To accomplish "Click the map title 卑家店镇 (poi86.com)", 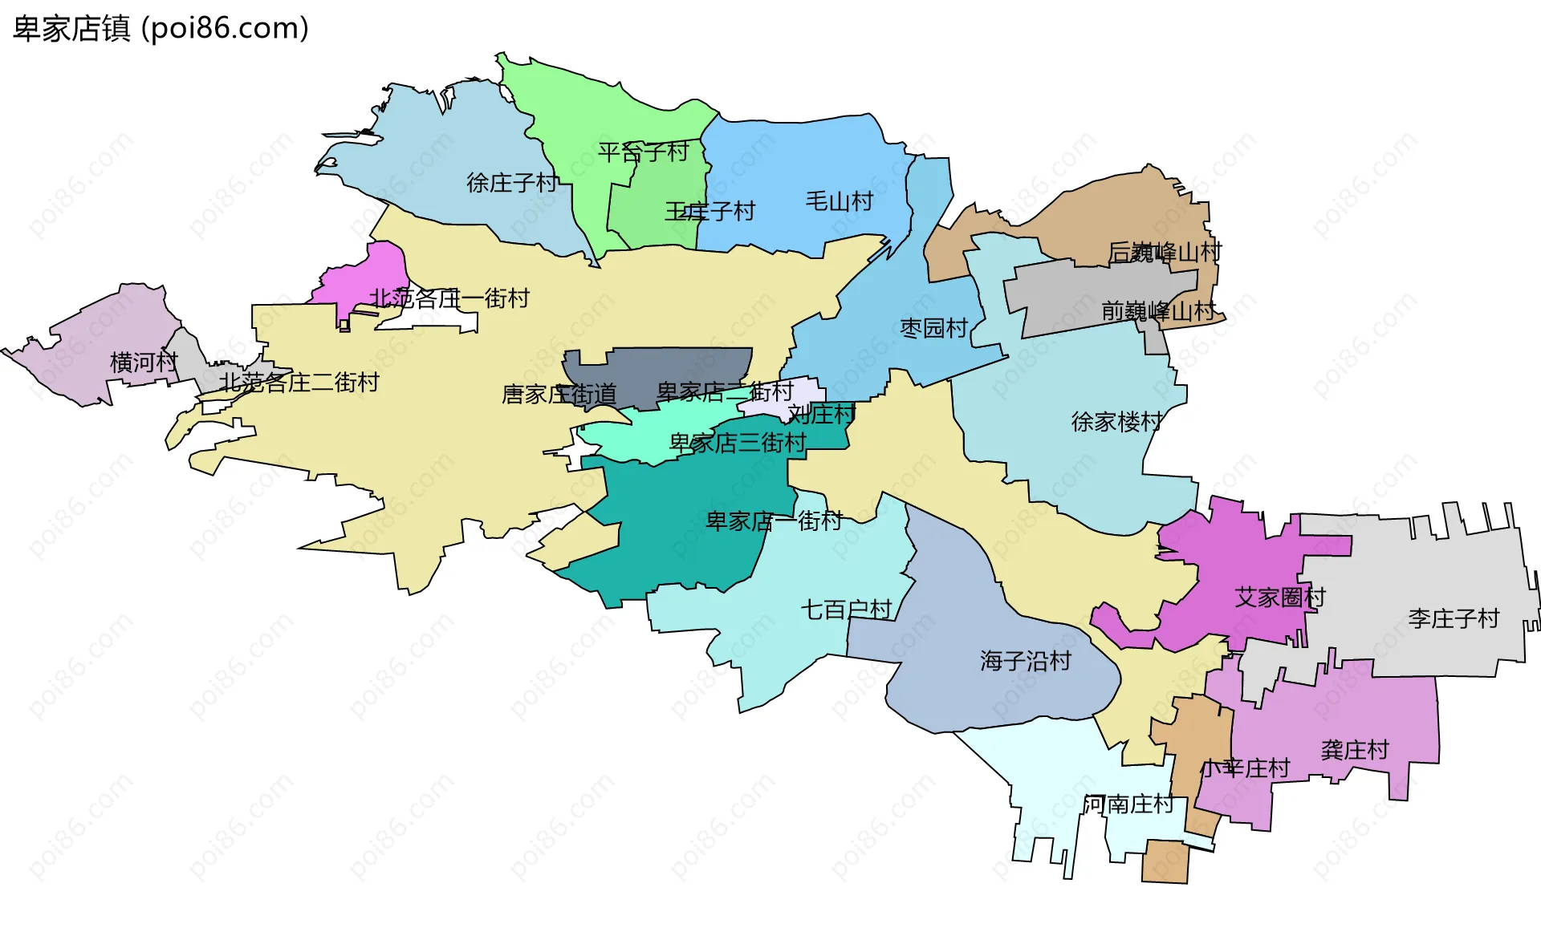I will [x=161, y=29].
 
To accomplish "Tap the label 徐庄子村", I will [x=512, y=183].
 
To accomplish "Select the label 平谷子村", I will [x=644, y=152].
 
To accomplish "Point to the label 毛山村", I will [x=840, y=201].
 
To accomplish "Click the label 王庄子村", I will [x=710, y=212].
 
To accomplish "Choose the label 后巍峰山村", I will [x=1165, y=253].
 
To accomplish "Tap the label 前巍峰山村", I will [x=1158, y=311].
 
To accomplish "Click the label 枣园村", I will [x=934, y=328].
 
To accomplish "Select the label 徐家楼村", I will [x=1117, y=422].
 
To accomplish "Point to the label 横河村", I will [x=144, y=363].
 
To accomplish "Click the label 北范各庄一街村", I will [x=449, y=298].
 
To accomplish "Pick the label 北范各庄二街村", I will [x=299, y=383].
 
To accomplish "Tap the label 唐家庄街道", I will [x=559, y=395].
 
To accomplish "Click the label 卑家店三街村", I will [x=738, y=443].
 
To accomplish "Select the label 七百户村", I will [x=847, y=610].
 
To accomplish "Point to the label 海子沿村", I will [x=1026, y=661].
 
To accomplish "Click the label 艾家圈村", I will [x=1280, y=598].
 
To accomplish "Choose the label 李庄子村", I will [x=1454, y=618].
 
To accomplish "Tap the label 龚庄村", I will [x=1355, y=751].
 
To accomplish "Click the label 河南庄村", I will [x=1128, y=804].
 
